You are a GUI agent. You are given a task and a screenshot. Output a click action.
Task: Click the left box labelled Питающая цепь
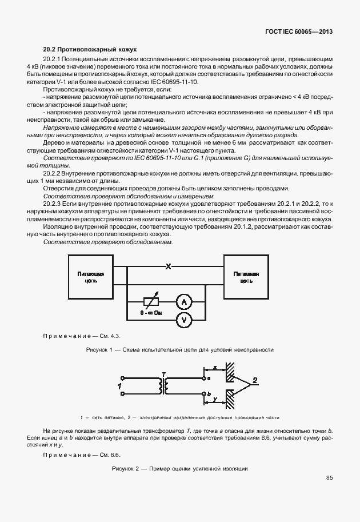pos(90,277)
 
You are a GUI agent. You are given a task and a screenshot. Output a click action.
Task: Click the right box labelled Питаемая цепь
pos(246,277)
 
